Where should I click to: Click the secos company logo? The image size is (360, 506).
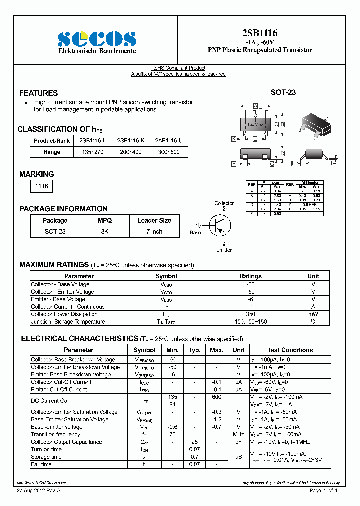click(97, 38)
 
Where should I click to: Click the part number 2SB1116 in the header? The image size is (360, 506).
click(259, 33)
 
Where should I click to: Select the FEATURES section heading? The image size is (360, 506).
click(38, 93)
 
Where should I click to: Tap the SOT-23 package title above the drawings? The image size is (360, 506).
click(283, 93)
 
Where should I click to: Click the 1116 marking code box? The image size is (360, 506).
click(41, 186)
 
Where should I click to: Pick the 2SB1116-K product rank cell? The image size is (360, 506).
click(130, 141)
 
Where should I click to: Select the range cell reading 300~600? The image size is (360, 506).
click(169, 152)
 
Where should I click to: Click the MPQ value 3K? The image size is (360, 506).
click(105, 232)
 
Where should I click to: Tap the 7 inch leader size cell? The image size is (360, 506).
click(154, 232)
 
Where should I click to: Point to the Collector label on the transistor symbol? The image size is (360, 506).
click(224, 203)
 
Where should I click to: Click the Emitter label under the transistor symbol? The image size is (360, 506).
click(224, 250)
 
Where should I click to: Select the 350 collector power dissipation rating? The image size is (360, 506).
click(250, 314)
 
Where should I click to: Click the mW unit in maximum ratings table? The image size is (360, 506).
click(313, 314)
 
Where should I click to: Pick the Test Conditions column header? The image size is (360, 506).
click(290, 350)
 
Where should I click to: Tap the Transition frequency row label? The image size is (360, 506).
click(55, 434)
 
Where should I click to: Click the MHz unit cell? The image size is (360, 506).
click(238, 434)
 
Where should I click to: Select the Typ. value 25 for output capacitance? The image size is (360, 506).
click(195, 442)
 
